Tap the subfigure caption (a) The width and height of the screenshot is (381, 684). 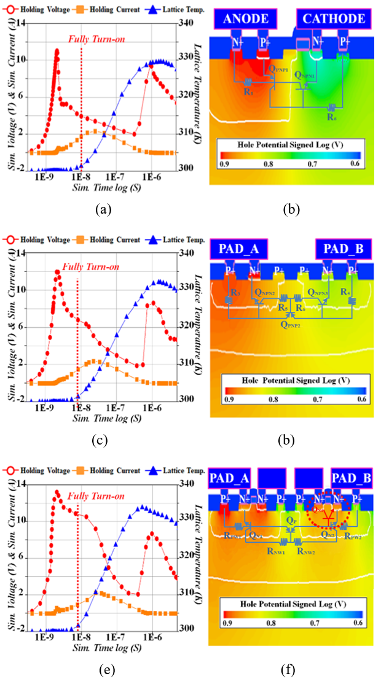pos(103,209)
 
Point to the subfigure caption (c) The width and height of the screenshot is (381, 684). pos(103,440)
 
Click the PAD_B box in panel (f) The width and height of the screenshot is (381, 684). pos(348,477)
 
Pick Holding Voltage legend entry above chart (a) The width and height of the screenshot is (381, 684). pos(41,10)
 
